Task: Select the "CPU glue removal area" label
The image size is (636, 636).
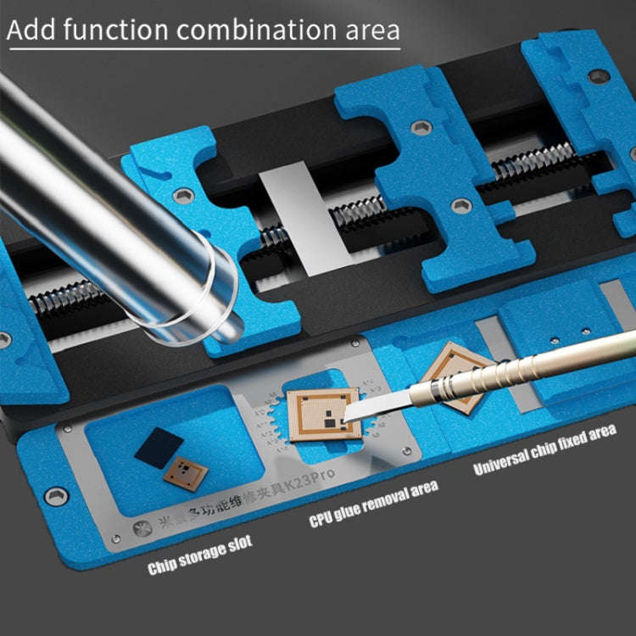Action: (x=374, y=501)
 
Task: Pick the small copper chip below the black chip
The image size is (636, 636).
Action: (x=186, y=475)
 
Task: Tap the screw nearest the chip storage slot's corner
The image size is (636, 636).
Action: (x=57, y=497)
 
